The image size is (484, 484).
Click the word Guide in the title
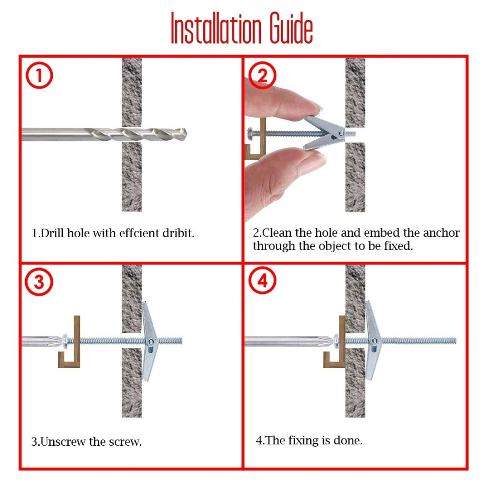tap(291, 28)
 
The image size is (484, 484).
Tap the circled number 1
tap(39, 76)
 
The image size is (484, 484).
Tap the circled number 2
tap(262, 76)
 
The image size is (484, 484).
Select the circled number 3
tap(39, 282)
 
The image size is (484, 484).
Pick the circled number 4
tap(262, 281)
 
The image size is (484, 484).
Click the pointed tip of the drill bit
tap(186, 134)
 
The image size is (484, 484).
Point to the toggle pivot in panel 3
tap(151, 342)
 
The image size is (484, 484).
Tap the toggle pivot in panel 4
tap(374, 341)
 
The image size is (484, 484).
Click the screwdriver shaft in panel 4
tap(287, 341)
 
